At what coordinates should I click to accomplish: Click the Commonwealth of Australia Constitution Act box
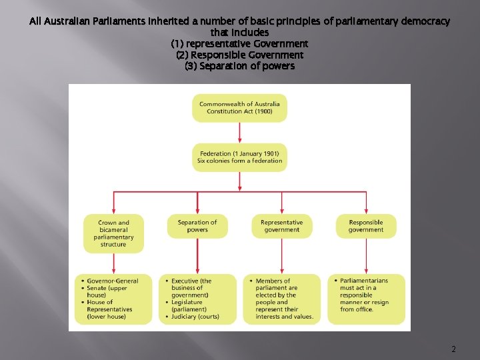point(239,107)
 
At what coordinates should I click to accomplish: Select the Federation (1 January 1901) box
point(239,157)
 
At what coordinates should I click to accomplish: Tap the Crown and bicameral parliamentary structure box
point(113,233)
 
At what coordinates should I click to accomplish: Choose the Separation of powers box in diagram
point(197,226)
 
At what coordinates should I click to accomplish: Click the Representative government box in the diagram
point(281,226)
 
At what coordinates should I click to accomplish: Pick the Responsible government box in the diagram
point(366,226)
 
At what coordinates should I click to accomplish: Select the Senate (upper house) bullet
point(111,291)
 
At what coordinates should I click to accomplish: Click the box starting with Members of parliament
point(281,299)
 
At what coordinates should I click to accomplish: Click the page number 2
point(453,349)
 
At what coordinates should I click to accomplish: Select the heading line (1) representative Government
point(239,43)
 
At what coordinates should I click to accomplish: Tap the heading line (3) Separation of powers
point(239,66)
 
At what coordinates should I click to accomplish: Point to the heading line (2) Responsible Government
point(239,55)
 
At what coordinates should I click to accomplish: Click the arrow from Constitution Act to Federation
point(239,133)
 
